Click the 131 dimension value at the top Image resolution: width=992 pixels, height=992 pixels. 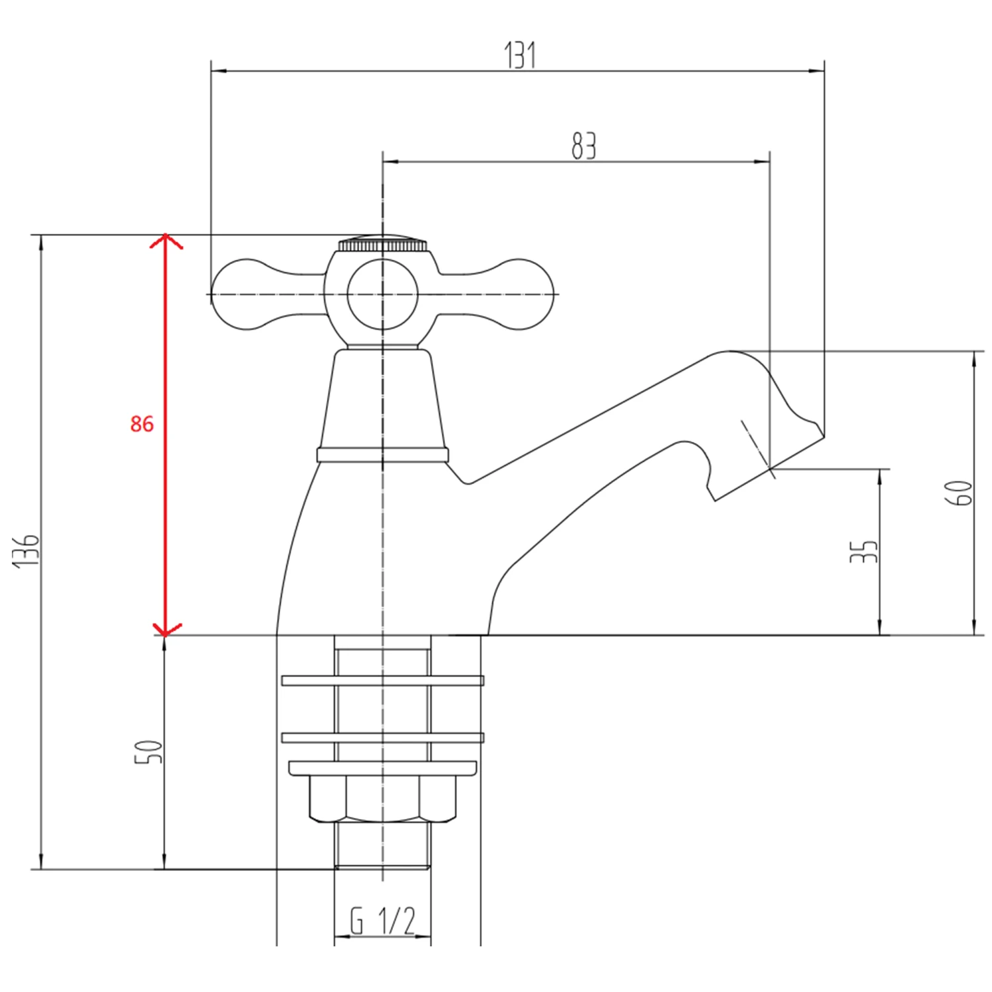[x=520, y=55]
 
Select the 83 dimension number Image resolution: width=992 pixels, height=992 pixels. [x=583, y=145]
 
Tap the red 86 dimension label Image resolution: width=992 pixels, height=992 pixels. [x=142, y=424]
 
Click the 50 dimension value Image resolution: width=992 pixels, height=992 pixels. [x=149, y=752]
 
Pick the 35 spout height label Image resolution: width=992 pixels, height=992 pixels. [x=864, y=551]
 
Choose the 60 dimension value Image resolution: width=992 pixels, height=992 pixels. [x=960, y=493]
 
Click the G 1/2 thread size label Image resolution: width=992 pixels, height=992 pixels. [x=382, y=921]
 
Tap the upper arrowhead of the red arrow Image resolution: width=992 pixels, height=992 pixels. [x=165, y=239]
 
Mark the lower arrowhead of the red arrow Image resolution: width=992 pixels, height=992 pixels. [x=165, y=630]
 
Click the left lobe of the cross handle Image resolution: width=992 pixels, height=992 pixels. [x=245, y=294]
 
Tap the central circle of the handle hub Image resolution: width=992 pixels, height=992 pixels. [x=383, y=294]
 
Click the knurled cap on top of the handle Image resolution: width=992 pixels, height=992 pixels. [x=383, y=244]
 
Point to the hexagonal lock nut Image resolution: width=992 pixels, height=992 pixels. [x=382, y=799]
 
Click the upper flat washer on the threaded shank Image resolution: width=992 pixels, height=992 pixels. [x=382, y=681]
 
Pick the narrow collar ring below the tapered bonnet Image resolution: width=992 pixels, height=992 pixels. [x=382, y=454]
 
